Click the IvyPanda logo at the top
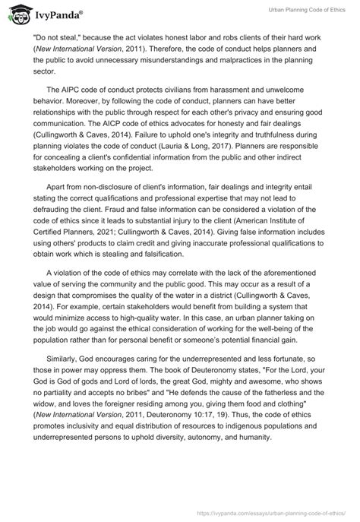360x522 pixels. (x=46, y=13)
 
